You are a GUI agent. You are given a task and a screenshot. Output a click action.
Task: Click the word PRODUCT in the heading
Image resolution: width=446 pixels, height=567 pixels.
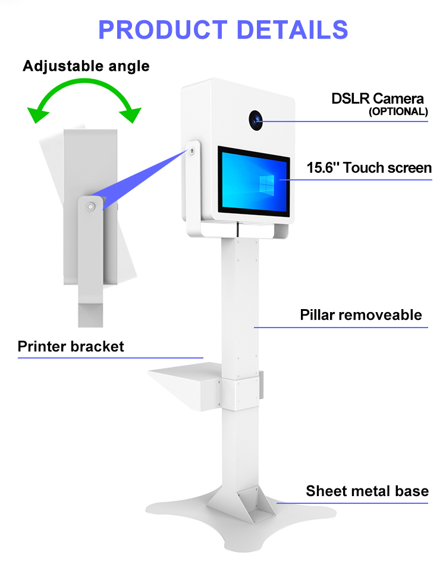(162, 30)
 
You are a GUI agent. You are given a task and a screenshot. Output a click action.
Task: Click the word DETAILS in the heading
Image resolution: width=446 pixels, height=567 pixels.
(290, 30)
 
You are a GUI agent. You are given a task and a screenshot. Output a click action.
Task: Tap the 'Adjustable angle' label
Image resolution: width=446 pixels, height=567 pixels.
(86, 66)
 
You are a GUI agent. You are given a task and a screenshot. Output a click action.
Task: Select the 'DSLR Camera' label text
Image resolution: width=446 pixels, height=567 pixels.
(378, 98)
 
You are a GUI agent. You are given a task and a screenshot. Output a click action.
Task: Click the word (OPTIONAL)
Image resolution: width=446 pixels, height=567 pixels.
(398, 111)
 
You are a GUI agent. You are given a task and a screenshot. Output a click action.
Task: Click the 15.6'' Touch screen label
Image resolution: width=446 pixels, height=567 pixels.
(369, 168)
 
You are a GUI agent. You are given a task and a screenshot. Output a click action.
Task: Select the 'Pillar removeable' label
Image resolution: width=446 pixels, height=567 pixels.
(361, 315)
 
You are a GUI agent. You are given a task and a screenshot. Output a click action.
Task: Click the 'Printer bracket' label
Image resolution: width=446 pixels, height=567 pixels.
(71, 347)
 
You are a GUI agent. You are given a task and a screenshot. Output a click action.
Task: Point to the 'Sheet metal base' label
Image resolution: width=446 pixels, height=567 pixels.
(367, 491)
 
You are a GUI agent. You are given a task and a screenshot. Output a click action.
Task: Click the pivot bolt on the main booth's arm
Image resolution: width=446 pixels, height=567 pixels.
(192, 151)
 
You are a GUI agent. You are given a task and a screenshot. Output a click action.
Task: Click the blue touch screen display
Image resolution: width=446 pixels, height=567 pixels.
(254, 179)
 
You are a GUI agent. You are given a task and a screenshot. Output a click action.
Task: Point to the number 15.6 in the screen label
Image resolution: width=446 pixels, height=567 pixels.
(322, 168)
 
